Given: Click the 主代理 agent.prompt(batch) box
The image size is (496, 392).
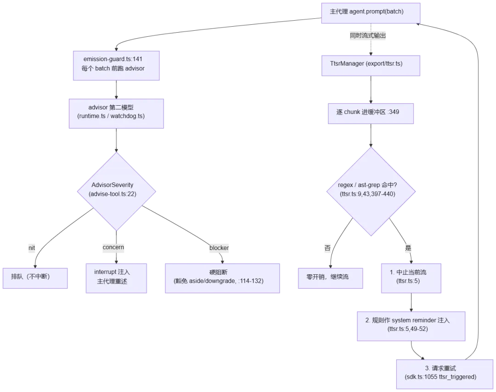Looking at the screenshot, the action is pyautogui.click(x=371, y=13).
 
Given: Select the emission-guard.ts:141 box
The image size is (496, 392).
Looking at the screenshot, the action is pyautogui.click(x=116, y=66).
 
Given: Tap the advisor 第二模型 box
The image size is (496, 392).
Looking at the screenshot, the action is pyautogui.click(x=116, y=114).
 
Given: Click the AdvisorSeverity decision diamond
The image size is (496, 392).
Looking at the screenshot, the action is pyautogui.click(x=116, y=192).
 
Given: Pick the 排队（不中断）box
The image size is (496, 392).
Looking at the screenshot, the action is pyautogui.click(x=35, y=278).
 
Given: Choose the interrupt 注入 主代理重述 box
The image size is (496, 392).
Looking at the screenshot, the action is pyautogui.click(x=116, y=278).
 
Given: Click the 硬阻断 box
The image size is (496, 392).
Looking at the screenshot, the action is pyautogui.click(x=222, y=278).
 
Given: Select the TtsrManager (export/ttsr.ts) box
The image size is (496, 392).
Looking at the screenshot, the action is pyautogui.click(x=371, y=66).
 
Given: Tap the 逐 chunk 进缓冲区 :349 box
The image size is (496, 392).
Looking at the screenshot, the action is pyautogui.click(x=371, y=114).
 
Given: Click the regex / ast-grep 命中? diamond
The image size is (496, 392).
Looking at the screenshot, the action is pyautogui.click(x=371, y=192).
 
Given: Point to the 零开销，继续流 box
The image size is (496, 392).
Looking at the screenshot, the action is pyautogui.click(x=330, y=278).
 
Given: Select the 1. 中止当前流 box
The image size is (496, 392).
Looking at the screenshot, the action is pyautogui.click(x=411, y=278).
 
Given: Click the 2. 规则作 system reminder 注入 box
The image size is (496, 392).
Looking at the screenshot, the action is pyautogui.click(x=411, y=326).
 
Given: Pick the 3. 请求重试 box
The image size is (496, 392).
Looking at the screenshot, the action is pyautogui.click(x=445, y=374).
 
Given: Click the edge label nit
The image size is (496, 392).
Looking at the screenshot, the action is pyautogui.click(x=32, y=248).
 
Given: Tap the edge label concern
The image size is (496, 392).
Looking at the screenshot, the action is pyautogui.click(x=113, y=247).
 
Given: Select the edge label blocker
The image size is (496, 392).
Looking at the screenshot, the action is pyautogui.click(x=219, y=248).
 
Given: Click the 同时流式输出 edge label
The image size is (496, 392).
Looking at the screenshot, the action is pyautogui.click(x=368, y=35).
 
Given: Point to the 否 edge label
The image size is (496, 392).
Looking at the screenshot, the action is pyautogui.click(x=327, y=248).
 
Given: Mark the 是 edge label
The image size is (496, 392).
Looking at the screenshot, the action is pyautogui.click(x=408, y=248).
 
